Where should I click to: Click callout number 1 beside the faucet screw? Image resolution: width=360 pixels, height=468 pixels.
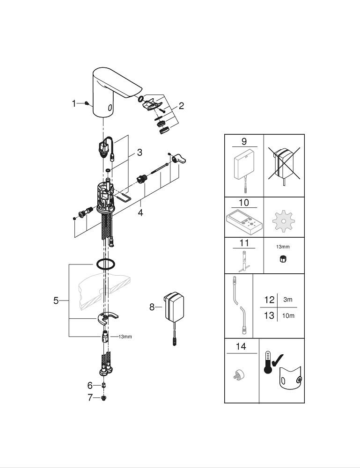pyautogui.click(x=74, y=103)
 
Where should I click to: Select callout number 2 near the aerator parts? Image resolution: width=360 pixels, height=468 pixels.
pyautogui.click(x=181, y=106)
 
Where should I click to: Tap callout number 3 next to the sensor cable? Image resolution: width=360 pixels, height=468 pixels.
pyautogui.click(x=140, y=153)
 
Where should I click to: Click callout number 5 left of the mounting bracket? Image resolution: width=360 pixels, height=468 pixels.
pyautogui.click(x=56, y=301)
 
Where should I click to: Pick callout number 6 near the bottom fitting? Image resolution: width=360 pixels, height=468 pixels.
pyautogui.click(x=90, y=386)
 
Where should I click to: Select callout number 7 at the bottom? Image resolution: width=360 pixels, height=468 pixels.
pyautogui.click(x=90, y=398)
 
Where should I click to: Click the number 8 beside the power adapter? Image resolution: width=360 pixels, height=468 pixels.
pyautogui.click(x=152, y=307)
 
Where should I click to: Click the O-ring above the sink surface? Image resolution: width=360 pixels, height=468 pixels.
pyautogui.click(x=105, y=264)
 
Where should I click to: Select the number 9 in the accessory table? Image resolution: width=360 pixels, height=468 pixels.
pyautogui.click(x=244, y=141)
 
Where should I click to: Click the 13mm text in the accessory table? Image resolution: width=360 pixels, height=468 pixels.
pyautogui.click(x=283, y=246)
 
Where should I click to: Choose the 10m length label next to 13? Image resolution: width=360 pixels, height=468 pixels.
pyautogui.click(x=289, y=315)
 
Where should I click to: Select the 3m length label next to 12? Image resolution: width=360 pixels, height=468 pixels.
pyautogui.click(x=288, y=300)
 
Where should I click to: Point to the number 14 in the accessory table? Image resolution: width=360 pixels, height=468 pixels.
pyautogui.click(x=241, y=347)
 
